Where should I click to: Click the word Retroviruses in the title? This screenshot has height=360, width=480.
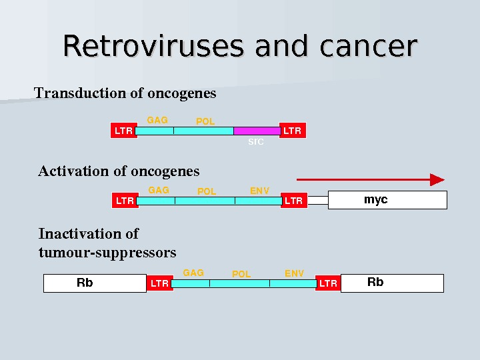(x=154, y=46)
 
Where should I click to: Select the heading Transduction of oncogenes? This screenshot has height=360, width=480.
(x=125, y=93)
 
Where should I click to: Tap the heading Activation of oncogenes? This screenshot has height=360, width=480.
(x=119, y=171)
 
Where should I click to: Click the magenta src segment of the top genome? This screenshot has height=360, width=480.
(x=257, y=131)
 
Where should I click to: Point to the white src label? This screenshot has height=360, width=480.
(x=256, y=142)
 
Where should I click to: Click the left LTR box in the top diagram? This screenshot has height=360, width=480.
(x=123, y=131)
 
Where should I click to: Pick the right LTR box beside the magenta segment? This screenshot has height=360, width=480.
(x=292, y=131)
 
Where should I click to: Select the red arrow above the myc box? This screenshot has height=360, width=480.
(x=370, y=179)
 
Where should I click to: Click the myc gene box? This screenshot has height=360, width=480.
(x=387, y=200)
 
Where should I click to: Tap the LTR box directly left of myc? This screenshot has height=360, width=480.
(x=293, y=200)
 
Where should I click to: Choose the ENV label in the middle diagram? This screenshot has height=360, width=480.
(x=259, y=191)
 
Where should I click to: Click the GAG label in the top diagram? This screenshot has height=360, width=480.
(x=157, y=120)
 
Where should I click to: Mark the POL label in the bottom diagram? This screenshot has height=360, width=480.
(x=241, y=274)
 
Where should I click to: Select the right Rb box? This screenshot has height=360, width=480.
(x=392, y=283)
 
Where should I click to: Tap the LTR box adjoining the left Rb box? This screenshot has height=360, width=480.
(x=159, y=283)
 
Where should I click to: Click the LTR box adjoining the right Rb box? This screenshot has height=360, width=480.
(x=328, y=283)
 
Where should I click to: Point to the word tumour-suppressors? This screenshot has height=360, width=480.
(x=107, y=253)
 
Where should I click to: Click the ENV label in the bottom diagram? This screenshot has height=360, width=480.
(x=294, y=273)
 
